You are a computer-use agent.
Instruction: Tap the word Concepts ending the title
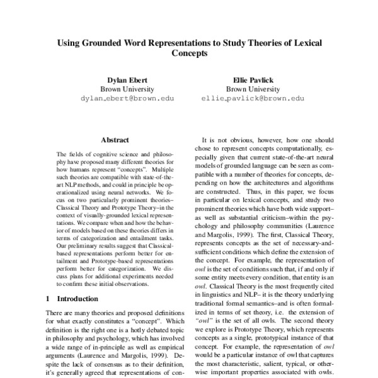click(x=189, y=54)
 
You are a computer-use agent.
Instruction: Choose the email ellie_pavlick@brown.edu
click(x=252, y=99)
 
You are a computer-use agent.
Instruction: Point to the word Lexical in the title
click(x=305, y=43)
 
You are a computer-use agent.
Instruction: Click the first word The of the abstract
click(x=62, y=154)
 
